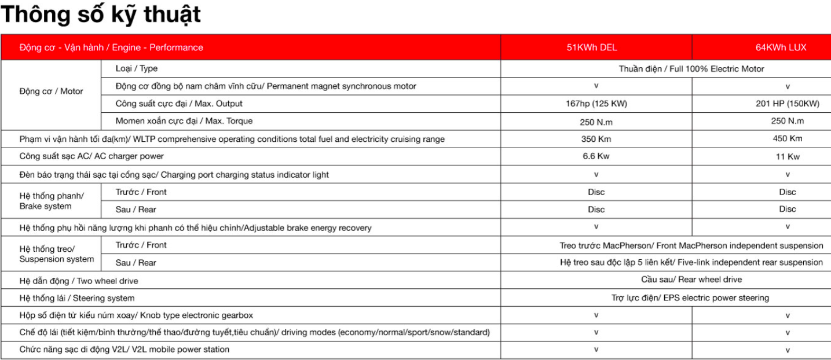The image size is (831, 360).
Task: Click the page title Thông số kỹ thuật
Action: tap(101, 14)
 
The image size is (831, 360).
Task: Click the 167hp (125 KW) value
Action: tap(596, 104)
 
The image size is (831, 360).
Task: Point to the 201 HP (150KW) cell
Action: tap(787, 104)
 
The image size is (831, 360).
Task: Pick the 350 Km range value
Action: tap(596, 139)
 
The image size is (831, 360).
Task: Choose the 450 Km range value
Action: tap(788, 139)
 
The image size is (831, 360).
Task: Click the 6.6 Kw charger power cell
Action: tap(596, 156)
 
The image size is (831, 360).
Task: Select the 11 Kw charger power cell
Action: tap(788, 157)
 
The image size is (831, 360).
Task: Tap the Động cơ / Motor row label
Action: tap(51, 91)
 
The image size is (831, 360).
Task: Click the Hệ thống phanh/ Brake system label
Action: tap(51, 201)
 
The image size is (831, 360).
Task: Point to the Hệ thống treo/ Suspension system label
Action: tap(56, 254)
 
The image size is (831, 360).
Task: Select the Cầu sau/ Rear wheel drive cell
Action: tap(691, 280)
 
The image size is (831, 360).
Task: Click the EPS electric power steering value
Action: tap(690, 298)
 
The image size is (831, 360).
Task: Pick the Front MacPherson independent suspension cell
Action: tap(691, 245)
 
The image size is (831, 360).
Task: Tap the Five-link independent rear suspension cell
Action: tap(691, 263)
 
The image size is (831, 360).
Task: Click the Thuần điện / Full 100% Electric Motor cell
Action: tap(691, 69)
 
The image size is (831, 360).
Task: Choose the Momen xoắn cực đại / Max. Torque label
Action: tap(184, 122)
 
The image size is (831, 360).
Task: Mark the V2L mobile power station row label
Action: tap(124, 350)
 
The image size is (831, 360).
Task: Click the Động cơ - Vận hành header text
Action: tap(111, 47)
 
